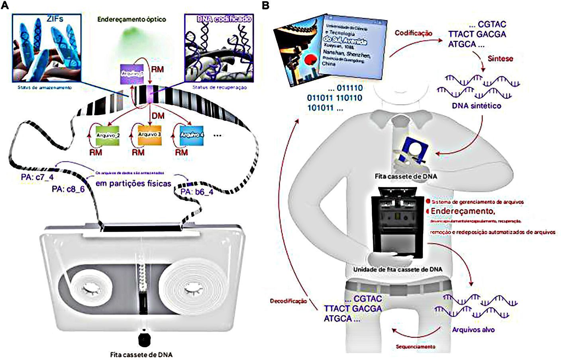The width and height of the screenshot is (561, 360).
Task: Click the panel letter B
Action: (x=265, y=6)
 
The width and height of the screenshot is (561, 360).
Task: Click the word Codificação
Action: (x=413, y=33)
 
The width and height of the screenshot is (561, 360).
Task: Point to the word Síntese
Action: (x=500, y=59)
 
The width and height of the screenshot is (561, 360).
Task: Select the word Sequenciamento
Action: (x=416, y=346)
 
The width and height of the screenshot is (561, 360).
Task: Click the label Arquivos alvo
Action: (x=473, y=330)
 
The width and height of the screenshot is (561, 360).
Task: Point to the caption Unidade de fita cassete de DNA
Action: (x=398, y=270)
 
